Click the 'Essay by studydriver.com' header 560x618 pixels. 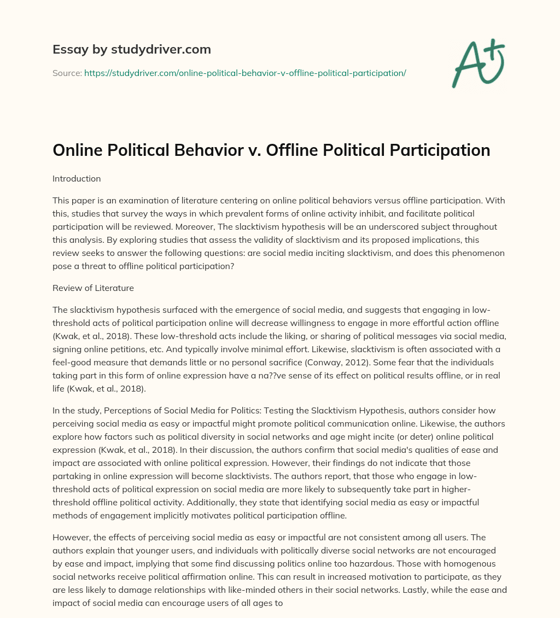pyautogui.click(x=131, y=49)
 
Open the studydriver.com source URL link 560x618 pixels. pyautogui.click(x=244, y=73)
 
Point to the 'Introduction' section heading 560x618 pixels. pyautogui.click(x=77, y=178)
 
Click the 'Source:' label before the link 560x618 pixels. pyautogui.click(x=67, y=73)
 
